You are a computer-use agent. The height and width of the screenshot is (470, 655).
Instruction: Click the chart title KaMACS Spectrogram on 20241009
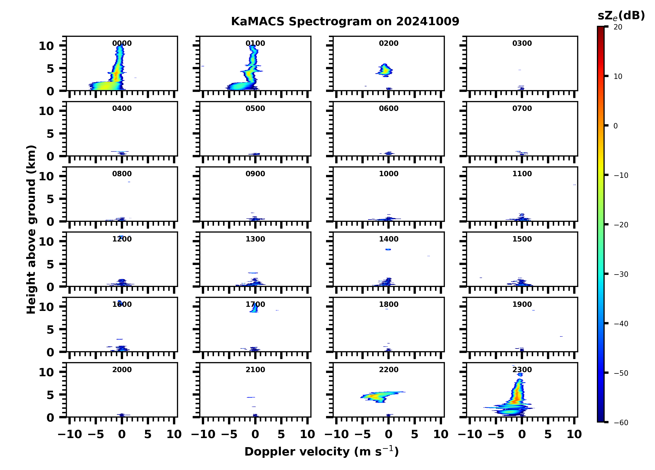345,22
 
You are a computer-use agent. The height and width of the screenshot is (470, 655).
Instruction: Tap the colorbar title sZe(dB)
621,16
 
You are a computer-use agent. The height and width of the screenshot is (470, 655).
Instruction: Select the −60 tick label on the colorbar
621,423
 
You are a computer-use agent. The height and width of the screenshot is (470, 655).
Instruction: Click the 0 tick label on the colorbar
615,126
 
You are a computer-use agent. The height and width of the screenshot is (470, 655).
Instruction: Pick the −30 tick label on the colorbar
621,274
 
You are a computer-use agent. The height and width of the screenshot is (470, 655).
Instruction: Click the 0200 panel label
388,43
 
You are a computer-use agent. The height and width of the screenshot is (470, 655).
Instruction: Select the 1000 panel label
388,174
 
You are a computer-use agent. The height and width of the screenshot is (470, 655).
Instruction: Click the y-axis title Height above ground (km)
31,230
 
